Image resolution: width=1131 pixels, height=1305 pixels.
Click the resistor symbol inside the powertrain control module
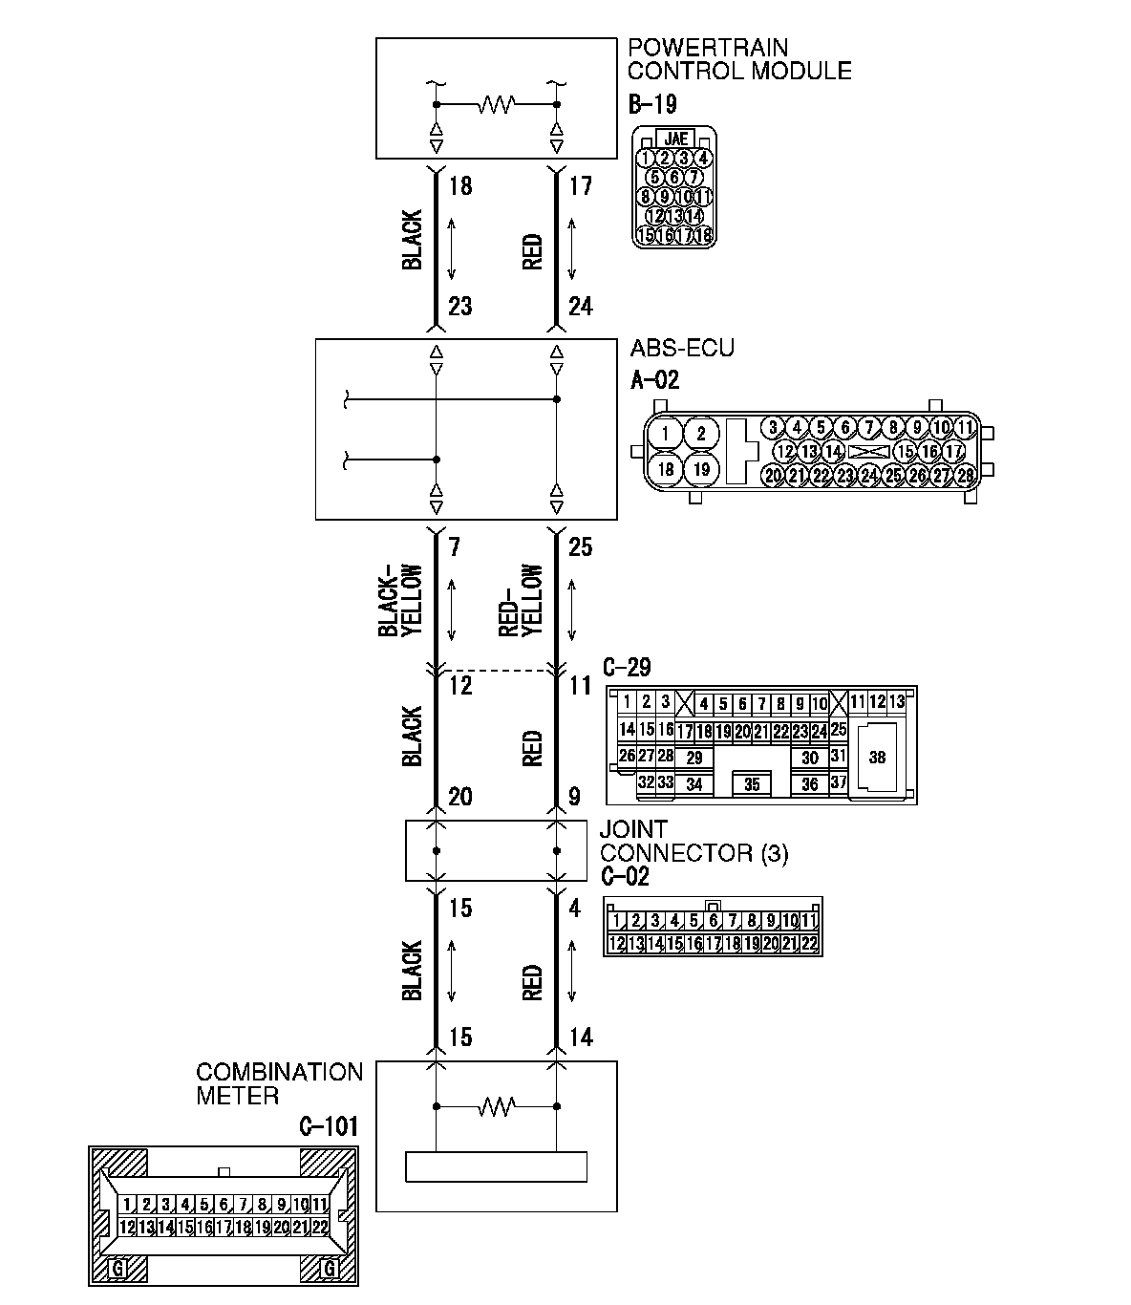point(497,103)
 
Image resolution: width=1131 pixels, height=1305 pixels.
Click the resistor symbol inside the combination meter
point(497,1106)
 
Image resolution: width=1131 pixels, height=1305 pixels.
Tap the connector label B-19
point(652,104)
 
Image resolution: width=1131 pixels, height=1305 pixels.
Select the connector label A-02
point(655,380)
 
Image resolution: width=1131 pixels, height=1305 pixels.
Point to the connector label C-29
point(627,667)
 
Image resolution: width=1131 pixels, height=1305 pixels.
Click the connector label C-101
point(328,1126)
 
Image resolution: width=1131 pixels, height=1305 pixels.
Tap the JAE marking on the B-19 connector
point(675,139)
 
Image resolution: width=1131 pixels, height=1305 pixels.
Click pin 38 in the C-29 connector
point(877,757)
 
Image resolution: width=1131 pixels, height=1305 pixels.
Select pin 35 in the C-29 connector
point(752,784)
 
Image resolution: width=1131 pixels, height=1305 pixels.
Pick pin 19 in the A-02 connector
point(700,469)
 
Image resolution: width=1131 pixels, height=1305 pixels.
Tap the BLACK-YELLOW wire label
point(400,601)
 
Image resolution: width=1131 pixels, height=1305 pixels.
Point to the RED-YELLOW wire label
point(521,601)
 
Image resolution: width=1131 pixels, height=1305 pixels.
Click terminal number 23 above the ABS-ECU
point(459,306)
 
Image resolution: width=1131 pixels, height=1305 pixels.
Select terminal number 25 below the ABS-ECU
point(580,546)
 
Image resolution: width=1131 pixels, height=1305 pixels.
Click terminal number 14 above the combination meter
point(580,1038)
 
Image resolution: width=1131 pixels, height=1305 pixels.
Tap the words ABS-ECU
point(682,348)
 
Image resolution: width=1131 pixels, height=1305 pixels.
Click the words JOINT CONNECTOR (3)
point(694,842)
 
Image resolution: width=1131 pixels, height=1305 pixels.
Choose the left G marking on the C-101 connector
point(118,1269)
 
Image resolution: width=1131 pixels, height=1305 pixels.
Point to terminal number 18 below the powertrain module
point(459,185)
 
